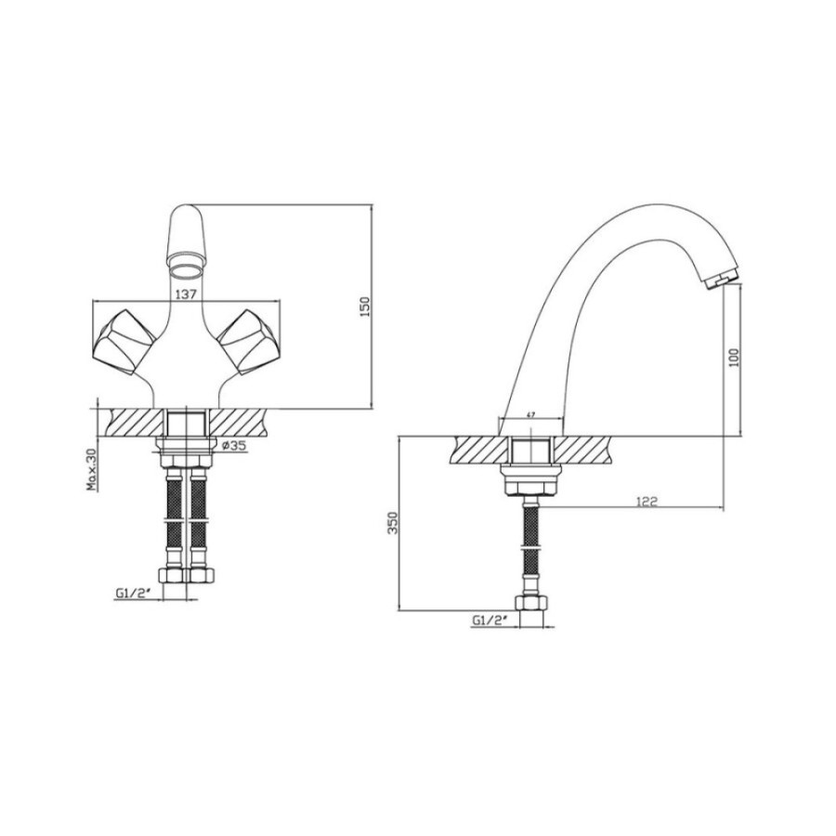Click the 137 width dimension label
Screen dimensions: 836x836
point(186,294)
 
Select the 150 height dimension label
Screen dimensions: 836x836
point(365,307)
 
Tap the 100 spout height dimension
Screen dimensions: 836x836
point(734,358)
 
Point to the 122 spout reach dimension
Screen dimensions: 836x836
point(647,502)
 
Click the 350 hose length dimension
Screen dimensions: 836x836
point(393,524)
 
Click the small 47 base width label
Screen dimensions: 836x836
point(530,414)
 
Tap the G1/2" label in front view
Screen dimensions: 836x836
point(130,593)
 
